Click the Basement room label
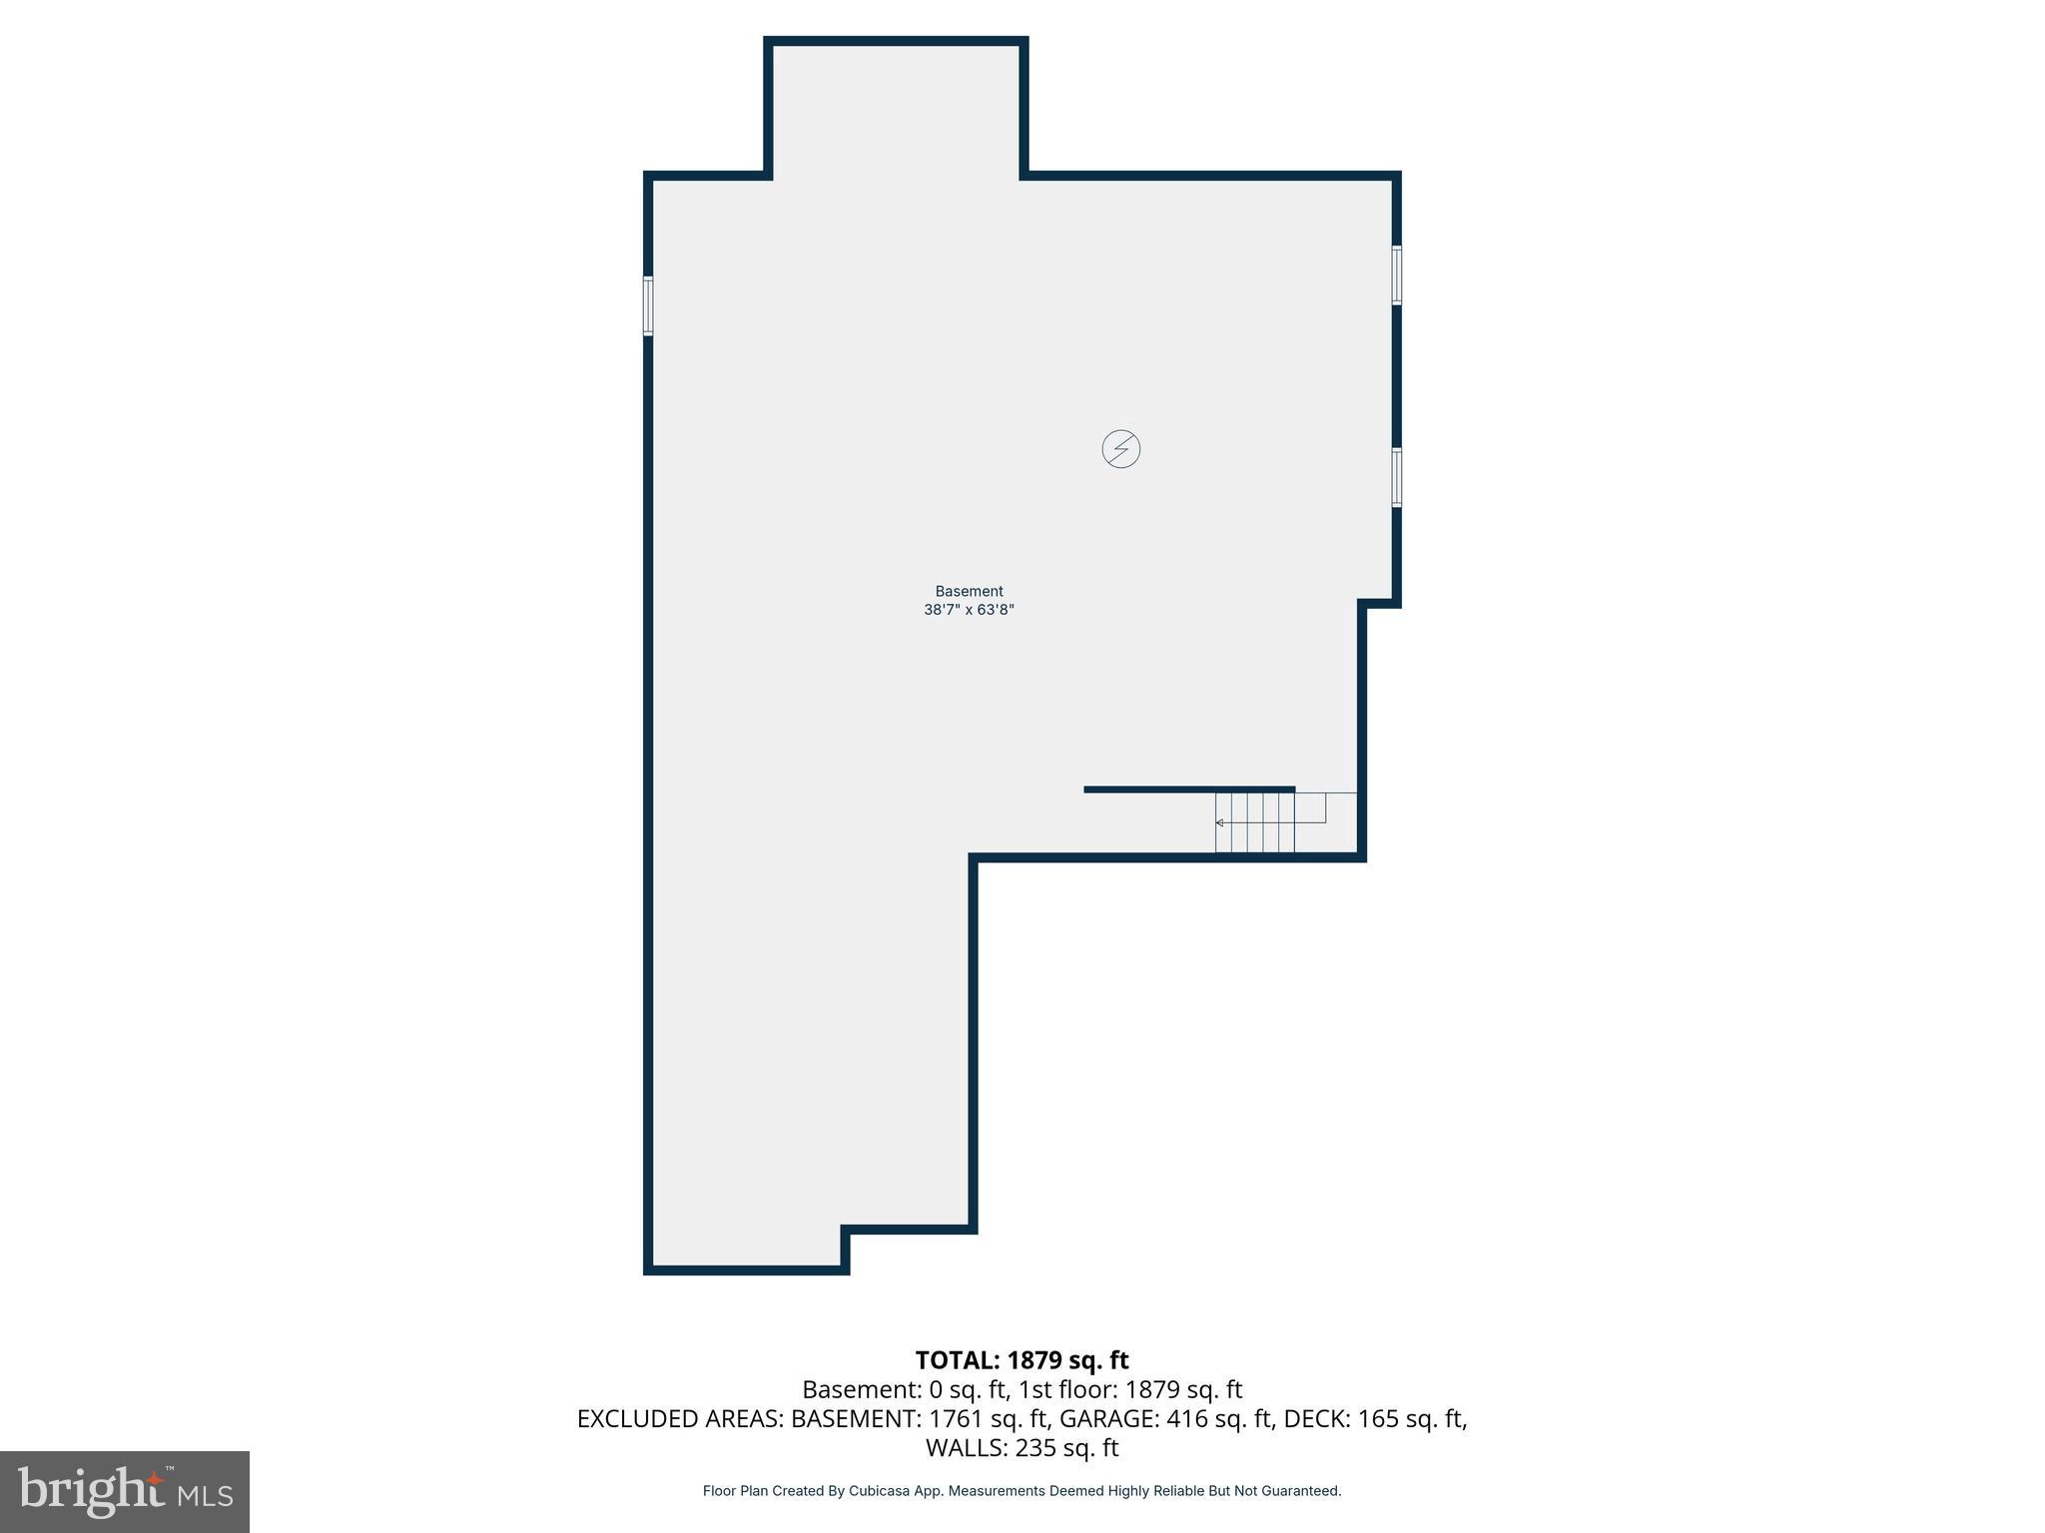tap(969, 591)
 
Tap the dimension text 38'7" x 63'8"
tap(969, 610)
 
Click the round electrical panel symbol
tap(1120, 449)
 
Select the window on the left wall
tap(648, 306)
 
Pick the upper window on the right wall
tap(1396, 274)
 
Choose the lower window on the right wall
tap(1396, 478)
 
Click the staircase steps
tap(1255, 822)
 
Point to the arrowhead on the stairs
tap(1219, 822)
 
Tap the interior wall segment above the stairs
tap(1188, 789)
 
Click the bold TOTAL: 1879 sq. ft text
tap(1022, 1360)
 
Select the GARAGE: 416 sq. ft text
tap(1165, 1418)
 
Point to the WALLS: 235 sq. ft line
tap(1022, 1447)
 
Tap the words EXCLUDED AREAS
tap(680, 1418)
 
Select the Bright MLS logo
tap(125, 1491)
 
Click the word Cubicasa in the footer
tap(882, 1491)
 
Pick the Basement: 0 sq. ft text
tap(903, 1389)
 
